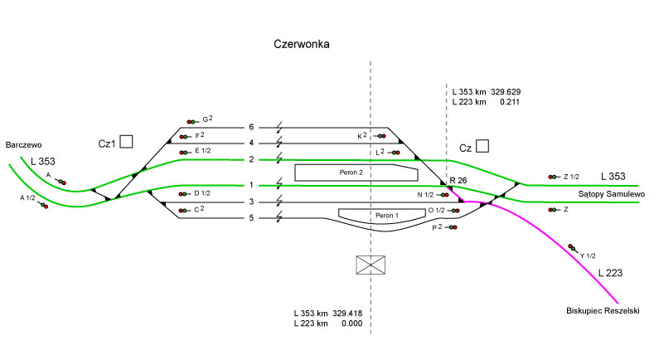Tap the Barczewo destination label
23,144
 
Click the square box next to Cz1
126,142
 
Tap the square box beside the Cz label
482,147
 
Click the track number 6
251,127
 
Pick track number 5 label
251,218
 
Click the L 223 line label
610,272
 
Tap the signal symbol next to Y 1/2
572,247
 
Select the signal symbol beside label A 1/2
43,206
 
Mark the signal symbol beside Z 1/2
553,177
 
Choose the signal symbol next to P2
453,227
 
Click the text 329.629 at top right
505,91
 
